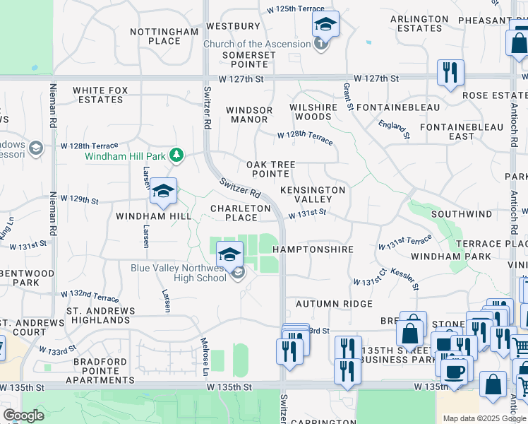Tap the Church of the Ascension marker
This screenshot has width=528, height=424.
pos(321,45)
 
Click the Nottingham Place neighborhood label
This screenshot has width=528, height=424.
pos(165,36)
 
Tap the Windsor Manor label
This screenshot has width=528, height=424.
pos(248,114)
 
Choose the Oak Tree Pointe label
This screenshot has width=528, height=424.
pos(270,169)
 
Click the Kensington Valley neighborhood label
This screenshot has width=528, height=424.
pos(312,194)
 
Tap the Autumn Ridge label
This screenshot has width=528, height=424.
pos(334,304)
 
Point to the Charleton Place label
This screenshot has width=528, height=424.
pos(240,213)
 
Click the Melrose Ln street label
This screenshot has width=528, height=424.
pos(206,359)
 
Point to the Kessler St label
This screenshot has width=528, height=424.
pos(404,278)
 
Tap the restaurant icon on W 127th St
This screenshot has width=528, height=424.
pos(449,71)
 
